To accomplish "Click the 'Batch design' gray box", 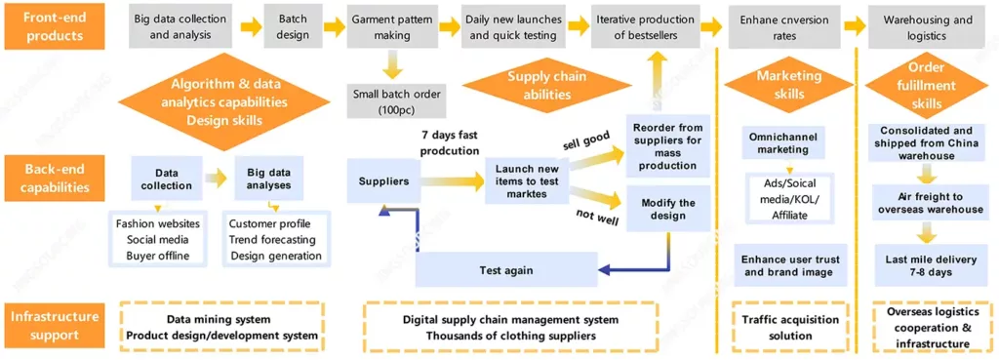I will click(293, 26).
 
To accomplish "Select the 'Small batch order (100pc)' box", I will click(396, 101).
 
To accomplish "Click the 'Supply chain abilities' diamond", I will click(539, 85).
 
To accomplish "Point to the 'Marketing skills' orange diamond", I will click(791, 85).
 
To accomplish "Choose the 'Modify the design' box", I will click(668, 209).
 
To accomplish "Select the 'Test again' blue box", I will click(505, 269).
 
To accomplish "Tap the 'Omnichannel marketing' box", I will click(783, 142).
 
